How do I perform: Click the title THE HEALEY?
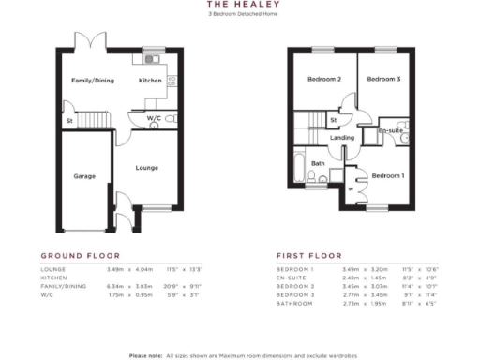click(x=240, y=5)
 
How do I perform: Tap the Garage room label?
click(x=85, y=175)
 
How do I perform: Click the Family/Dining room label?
click(x=93, y=81)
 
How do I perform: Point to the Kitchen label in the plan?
click(x=150, y=81)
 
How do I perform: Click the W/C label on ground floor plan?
click(x=153, y=118)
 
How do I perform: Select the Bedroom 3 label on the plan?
click(x=384, y=80)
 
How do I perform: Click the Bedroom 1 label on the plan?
click(x=387, y=175)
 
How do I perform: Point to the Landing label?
click(x=343, y=138)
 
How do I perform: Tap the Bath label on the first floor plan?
click(x=318, y=163)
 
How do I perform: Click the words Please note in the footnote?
click(x=144, y=355)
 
